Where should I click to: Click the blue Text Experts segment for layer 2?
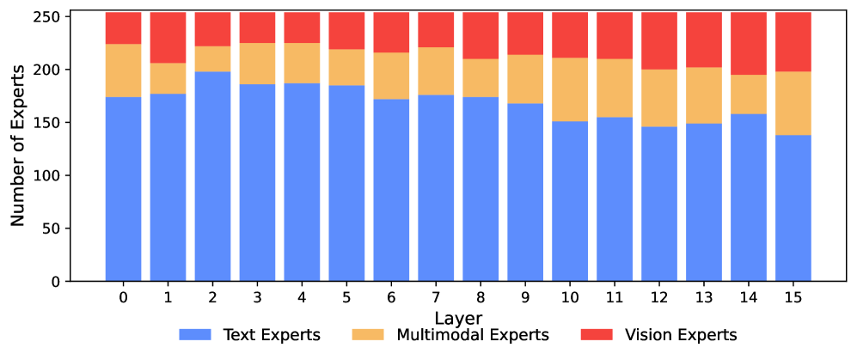click(x=212, y=176)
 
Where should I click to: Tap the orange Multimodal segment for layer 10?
click(x=570, y=89)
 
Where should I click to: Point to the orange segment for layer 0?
click(x=123, y=70)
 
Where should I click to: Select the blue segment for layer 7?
click(x=436, y=188)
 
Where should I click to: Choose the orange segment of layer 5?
click(x=346, y=67)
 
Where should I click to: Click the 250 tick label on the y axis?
click(x=49, y=17)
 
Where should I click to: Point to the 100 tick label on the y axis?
click(x=49, y=176)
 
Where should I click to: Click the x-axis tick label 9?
click(x=525, y=298)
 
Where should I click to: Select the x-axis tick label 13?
click(x=704, y=298)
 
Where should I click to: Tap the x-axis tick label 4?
click(x=302, y=298)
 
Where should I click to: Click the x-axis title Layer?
click(x=457, y=317)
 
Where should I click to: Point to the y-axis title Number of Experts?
click(x=19, y=147)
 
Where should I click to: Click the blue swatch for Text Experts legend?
click(x=196, y=335)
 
